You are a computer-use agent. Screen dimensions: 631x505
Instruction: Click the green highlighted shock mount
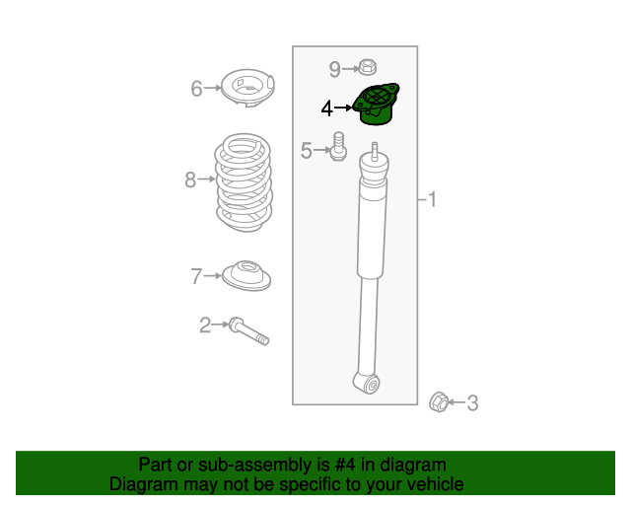(x=377, y=105)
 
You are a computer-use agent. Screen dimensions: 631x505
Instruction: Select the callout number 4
(x=326, y=108)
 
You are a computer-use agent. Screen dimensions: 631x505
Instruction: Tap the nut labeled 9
(x=367, y=67)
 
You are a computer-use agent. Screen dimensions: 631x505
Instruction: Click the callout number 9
(x=335, y=69)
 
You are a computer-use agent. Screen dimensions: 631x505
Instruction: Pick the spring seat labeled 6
(x=247, y=88)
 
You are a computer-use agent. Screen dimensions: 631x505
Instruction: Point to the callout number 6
(x=196, y=89)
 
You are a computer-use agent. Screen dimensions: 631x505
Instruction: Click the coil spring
(x=244, y=182)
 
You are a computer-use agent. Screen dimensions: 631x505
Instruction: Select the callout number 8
(x=190, y=180)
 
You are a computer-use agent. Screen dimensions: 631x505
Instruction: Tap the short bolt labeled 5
(x=338, y=147)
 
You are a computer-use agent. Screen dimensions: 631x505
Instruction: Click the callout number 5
(x=307, y=151)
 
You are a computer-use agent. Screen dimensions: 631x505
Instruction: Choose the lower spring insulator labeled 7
(x=246, y=275)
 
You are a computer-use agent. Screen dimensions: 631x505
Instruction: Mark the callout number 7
(x=196, y=276)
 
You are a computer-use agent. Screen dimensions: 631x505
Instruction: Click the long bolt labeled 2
(x=249, y=331)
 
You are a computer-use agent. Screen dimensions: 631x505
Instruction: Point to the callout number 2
(x=205, y=325)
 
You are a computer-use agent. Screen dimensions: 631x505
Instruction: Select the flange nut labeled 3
(x=439, y=401)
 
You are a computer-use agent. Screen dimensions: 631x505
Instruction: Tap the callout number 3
(x=472, y=403)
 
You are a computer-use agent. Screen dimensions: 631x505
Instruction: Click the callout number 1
(x=432, y=199)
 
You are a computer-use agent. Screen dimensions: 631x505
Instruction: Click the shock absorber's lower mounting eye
(x=367, y=384)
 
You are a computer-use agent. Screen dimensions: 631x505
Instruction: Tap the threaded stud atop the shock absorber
(x=375, y=152)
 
